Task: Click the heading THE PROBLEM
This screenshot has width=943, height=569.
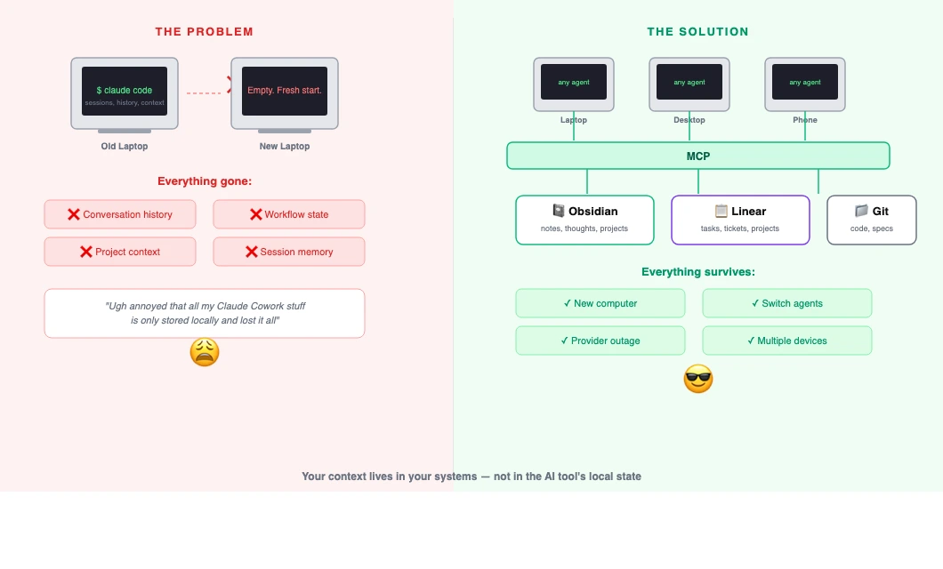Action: click(204, 32)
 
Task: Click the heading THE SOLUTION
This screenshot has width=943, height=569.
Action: click(697, 32)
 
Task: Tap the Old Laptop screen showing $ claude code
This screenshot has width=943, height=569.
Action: click(125, 91)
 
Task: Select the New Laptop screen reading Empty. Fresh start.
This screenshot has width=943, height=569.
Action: click(285, 91)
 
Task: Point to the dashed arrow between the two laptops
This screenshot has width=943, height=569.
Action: click(206, 92)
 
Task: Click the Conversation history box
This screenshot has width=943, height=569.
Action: click(120, 214)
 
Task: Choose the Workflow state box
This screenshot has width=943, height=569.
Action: click(289, 214)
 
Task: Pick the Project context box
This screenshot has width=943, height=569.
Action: click(120, 252)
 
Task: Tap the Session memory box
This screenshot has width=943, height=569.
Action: click(289, 252)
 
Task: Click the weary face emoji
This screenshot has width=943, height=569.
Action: click(205, 353)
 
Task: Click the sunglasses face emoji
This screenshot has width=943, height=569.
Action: click(698, 380)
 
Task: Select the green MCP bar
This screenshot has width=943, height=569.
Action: click(698, 156)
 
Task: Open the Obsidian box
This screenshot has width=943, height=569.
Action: click(584, 220)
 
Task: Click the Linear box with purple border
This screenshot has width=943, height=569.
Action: click(740, 220)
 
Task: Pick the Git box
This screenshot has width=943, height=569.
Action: click(871, 220)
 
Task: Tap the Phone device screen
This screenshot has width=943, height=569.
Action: click(805, 82)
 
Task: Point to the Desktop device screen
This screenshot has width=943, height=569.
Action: click(689, 82)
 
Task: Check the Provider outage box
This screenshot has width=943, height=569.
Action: click(600, 341)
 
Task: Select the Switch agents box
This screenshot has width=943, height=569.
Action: click(787, 303)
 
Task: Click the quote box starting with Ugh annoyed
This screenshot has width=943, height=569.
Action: click(205, 313)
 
